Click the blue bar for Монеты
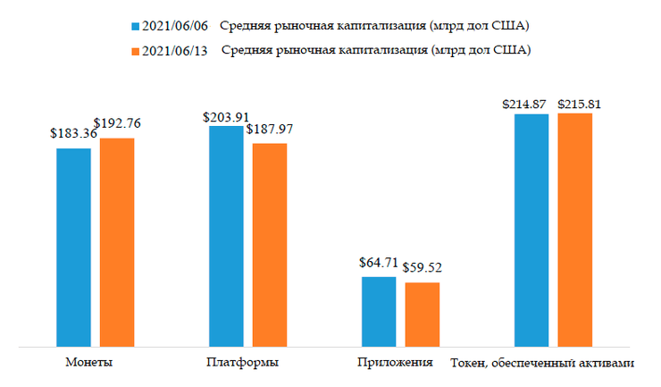pyautogui.click(x=73, y=247)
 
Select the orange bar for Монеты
pyautogui.click(x=117, y=241)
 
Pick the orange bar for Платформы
pyautogui.click(x=270, y=244)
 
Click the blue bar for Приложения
pyautogui.click(x=379, y=311)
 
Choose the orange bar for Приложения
pyautogui.click(x=423, y=314)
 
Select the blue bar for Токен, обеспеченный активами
pyautogui.click(x=531, y=230)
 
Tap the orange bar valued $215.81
pyautogui.click(x=575, y=229)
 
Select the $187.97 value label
pyautogui.click(x=270, y=129)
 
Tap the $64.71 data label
pyautogui.click(x=379, y=263)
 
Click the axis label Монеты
pyautogui.click(x=88, y=363)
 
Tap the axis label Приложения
pyautogui.click(x=394, y=363)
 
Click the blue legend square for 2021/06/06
pyautogui.click(x=135, y=24)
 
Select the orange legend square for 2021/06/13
pyautogui.click(x=135, y=50)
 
